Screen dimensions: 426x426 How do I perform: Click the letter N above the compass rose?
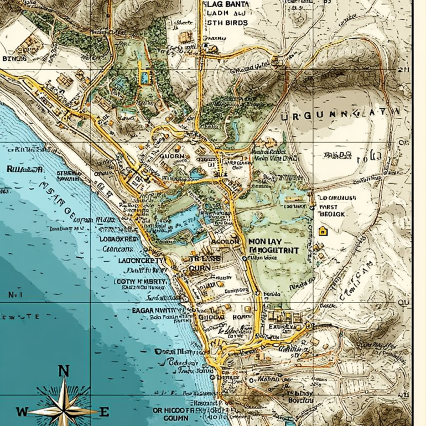point(64,371)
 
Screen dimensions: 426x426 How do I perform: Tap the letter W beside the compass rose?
point(22,412)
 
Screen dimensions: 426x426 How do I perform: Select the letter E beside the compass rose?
point(104,412)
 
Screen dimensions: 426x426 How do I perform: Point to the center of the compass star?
point(63,411)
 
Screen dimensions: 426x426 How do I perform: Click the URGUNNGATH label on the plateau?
point(339,117)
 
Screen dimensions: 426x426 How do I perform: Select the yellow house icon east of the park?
point(322,231)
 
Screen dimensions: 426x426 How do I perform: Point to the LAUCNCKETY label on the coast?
point(139,261)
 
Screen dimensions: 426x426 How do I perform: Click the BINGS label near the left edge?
point(14,58)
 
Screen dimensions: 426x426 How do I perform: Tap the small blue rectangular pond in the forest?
point(145,77)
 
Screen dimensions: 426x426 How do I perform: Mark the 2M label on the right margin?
point(403,70)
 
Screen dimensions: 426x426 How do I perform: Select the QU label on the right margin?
point(404,303)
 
